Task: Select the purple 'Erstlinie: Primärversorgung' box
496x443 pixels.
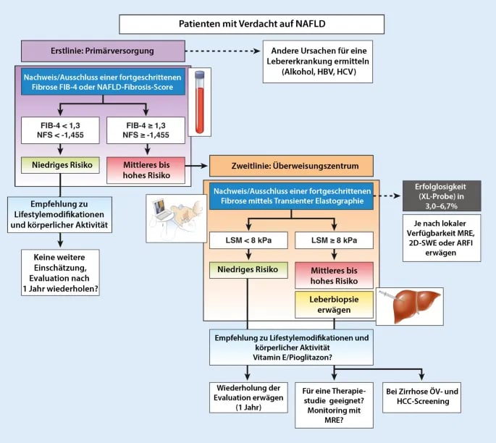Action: (102, 52)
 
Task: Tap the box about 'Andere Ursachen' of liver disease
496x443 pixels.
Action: (318, 62)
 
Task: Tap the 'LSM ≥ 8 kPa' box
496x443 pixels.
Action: (334, 240)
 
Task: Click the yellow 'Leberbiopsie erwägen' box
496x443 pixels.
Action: (334, 305)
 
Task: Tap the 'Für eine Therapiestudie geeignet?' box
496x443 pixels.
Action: (333, 402)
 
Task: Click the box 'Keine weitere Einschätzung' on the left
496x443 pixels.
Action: (60, 271)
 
